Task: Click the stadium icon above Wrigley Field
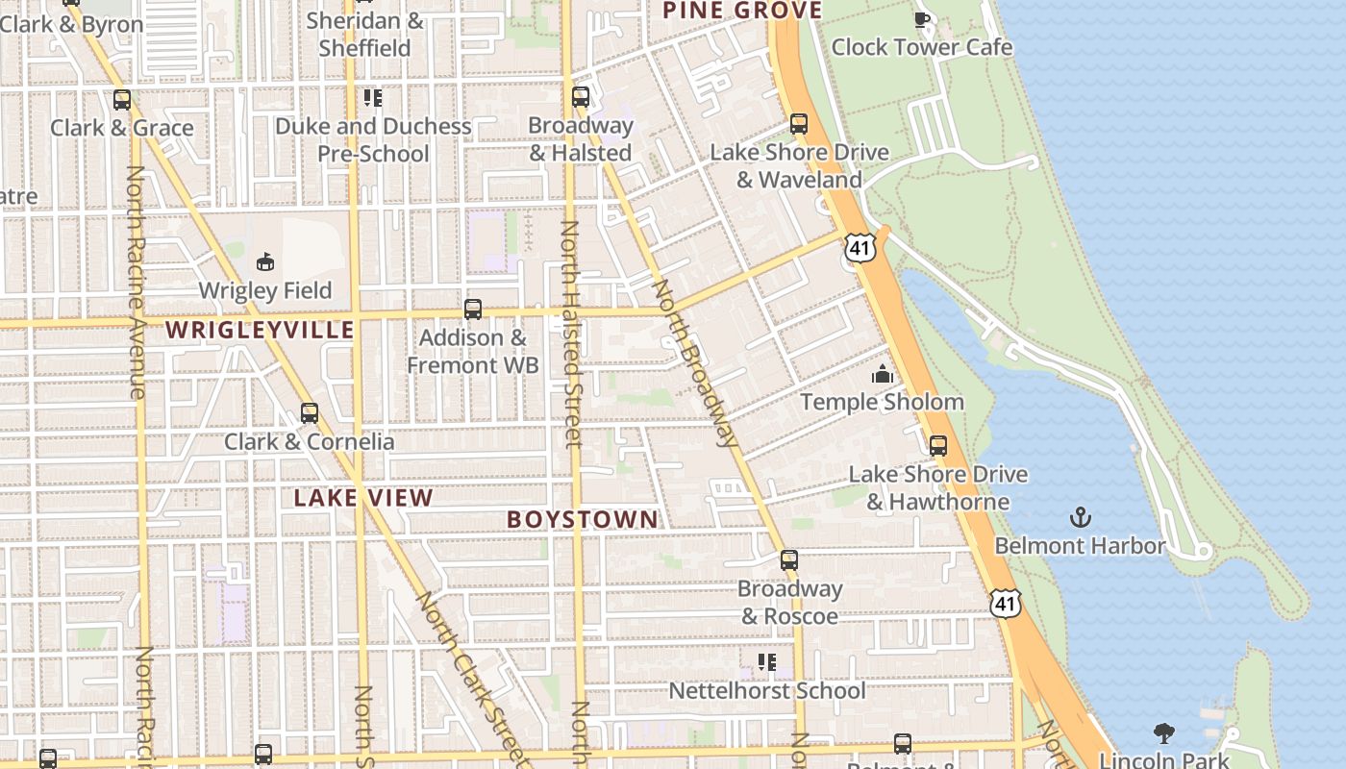pyautogui.click(x=265, y=261)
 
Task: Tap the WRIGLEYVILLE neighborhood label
pyautogui.click(x=261, y=331)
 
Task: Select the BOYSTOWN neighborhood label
pyautogui.click(x=583, y=520)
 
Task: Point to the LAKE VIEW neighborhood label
pyautogui.click(x=363, y=498)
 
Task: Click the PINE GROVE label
pyautogui.click(x=742, y=12)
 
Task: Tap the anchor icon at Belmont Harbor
pyautogui.click(x=1080, y=518)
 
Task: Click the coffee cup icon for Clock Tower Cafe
pyautogui.click(x=922, y=20)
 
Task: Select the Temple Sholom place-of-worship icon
pyautogui.click(x=882, y=375)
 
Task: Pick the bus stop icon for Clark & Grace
pyautogui.click(x=122, y=100)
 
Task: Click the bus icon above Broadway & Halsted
pyautogui.click(x=581, y=97)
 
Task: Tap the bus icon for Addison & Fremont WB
pyautogui.click(x=473, y=310)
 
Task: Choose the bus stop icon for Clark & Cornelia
pyautogui.click(x=310, y=413)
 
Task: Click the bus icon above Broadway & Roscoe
pyautogui.click(x=789, y=560)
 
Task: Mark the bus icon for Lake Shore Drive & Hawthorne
pyautogui.click(x=938, y=446)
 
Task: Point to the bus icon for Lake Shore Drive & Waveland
pyautogui.click(x=799, y=124)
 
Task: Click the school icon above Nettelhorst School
pyautogui.click(x=766, y=662)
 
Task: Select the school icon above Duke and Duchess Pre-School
pyautogui.click(x=373, y=98)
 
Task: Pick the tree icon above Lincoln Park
pyautogui.click(x=1164, y=734)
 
